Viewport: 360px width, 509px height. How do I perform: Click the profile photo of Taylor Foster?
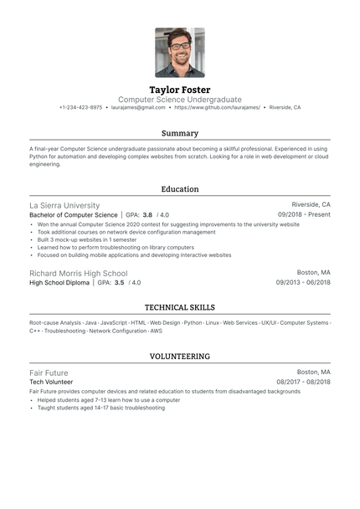pyautogui.click(x=180, y=53)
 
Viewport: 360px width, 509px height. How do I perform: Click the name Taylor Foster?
pyautogui.click(x=180, y=90)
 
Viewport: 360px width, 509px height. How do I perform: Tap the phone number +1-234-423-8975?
pyautogui.click(x=81, y=108)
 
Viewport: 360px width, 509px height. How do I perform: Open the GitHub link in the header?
pyautogui.click(x=218, y=108)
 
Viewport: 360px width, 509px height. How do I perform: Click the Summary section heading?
pyautogui.click(x=180, y=133)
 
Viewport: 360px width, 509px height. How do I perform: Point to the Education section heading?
pyautogui.click(x=180, y=189)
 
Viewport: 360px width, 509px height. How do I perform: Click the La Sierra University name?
pyautogui.click(x=64, y=205)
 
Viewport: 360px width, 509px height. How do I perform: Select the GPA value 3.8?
pyautogui.click(x=147, y=215)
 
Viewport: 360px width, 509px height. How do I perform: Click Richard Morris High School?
pyautogui.click(x=79, y=273)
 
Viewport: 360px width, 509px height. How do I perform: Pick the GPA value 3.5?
pyautogui.click(x=119, y=283)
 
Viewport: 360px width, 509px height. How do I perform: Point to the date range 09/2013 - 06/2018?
pyautogui.click(x=303, y=283)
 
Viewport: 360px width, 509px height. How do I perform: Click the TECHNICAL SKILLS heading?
pyautogui.click(x=180, y=307)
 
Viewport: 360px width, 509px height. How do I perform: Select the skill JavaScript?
pyautogui.click(x=114, y=322)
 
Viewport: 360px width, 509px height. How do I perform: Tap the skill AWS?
pyautogui.click(x=157, y=332)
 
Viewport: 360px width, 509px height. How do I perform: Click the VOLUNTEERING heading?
pyautogui.click(x=180, y=357)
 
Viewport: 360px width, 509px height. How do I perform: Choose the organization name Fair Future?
pyautogui.click(x=49, y=373)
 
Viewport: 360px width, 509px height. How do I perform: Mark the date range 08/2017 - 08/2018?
pyautogui.click(x=303, y=382)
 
